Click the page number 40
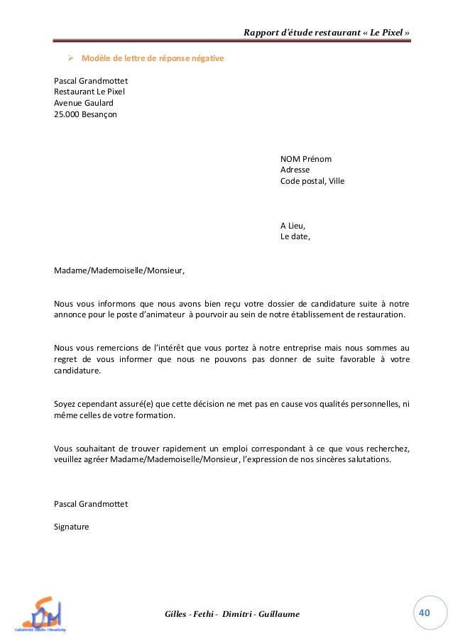[425, 613]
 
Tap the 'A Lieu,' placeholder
[293, 226]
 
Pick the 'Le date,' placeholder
[295, 237]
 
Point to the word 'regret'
[67, 359]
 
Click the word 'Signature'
[72, 527]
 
